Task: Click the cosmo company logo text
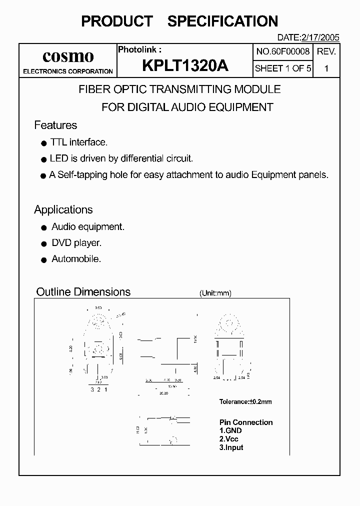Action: pyautogui.click(x=68, y=56)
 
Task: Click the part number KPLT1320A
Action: pyautogui.click(x=184, y=66)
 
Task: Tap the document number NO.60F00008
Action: pyautogui.click(x=283, y=51)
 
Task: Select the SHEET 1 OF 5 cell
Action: pyautogui.click(x=283, y=68)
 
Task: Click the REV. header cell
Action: pyautogui.click(x=326, y=51)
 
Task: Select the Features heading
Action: pyautogui.click(x=55, y=125)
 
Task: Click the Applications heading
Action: pyautogui.click(x=63, y=209)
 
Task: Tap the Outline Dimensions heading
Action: pyautogui.click(x=83, y=291)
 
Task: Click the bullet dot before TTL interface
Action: pyautogui.click(x=43, y=143)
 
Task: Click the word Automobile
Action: pyautogui.click(x=76, y=259)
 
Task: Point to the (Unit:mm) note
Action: pyautogui.click(x=215, y=293)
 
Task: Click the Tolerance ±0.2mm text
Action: pyautogui.click(x=245, y=401)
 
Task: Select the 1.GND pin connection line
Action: pyautogui.click(x=230, y=430)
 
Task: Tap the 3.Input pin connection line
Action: pyautogui.click(x=231, y=447)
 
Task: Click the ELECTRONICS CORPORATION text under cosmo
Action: pyautogui.click(x=68, y=71)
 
